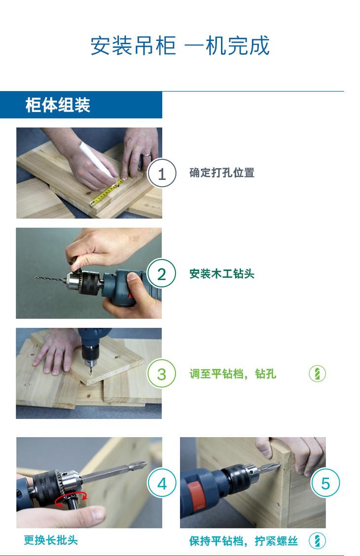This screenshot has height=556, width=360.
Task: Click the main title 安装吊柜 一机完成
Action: tap(180, 46)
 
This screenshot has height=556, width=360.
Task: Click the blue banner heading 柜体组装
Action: tap(58, 105)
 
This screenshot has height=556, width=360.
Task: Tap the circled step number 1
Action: tap(162, 174)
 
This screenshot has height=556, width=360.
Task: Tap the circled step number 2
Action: tap(161, 274)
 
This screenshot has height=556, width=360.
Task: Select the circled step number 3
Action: tap(161, 374)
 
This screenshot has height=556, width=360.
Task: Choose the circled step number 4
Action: tap(162, 484)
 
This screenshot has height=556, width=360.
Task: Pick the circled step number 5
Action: tap(325, 484)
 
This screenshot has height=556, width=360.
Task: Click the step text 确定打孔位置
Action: tap(222, 173)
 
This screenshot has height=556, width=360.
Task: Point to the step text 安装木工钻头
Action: tap(222, 274)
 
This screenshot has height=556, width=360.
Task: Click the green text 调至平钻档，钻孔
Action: tap(233, 374)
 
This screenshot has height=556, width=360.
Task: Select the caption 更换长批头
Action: tap(51, 540)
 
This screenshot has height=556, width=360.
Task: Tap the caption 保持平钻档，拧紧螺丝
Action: tap(243, 541)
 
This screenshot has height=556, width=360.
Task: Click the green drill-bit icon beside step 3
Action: tap(317, 374)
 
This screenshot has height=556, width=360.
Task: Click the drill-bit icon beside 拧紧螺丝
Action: tap(317, 541)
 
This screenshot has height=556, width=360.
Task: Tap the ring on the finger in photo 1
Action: tap(146, 155)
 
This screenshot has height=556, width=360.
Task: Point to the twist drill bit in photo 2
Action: tap(51, 278)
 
